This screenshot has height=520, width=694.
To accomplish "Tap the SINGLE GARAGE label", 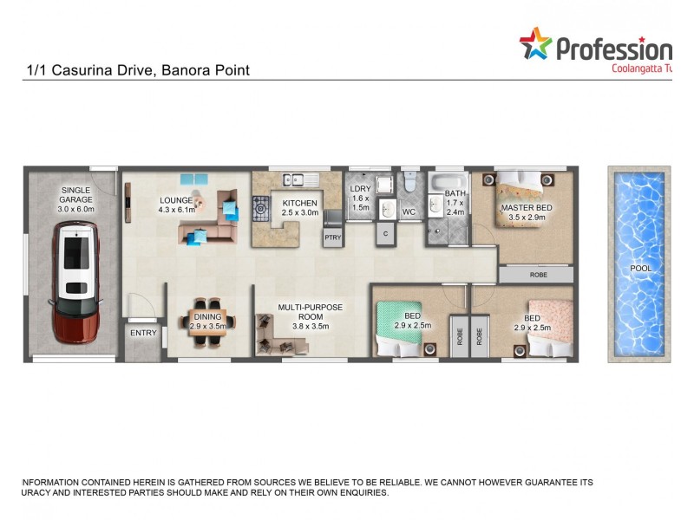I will pyautogui.click(x=75, y=199).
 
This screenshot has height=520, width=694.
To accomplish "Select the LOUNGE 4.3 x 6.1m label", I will pyautogui.click(x=176, y=205).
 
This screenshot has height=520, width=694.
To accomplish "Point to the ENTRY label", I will pyautogui.click(x=143, y=333).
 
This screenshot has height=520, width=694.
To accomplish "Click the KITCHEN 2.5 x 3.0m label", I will pyautogui.click(x=300, y=207).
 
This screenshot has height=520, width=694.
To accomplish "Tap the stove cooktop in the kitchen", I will pyautogui.click(x=260, y=208).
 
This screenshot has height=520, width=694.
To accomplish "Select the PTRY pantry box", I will pyautogui.click(x=332, y=237).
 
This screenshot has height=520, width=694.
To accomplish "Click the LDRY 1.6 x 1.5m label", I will pyautogui.click(x=360, y=198).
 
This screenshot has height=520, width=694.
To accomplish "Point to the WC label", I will pyautogui.click(x=409, y=211).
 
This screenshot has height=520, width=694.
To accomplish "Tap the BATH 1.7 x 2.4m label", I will pyautogui.click(x=455, y=203).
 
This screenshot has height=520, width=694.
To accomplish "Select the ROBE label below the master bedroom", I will pyautogui.click(x=537, y=274).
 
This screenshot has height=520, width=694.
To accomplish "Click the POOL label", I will pyautogui.click(x=640, y=269).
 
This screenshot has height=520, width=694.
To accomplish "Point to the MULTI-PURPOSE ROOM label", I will pyautogui.click(x=311, y=312).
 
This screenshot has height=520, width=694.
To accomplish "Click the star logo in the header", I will pyautogui.click(x=535, y=44).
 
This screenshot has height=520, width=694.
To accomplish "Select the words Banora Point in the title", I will pyautogui.click(x=207, y=69).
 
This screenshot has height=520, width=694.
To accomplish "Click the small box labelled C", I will pyautogui.click(x=384, y=233).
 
